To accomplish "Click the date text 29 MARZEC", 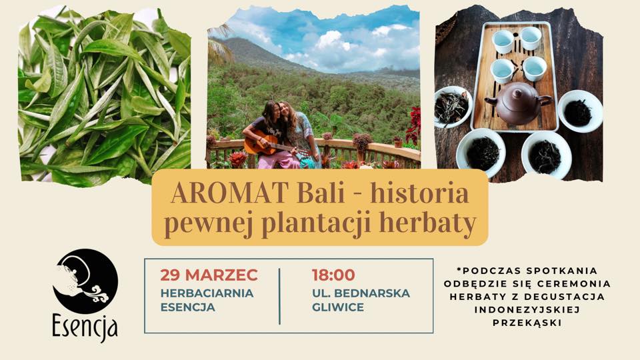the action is coord(209,275).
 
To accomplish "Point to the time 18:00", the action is coord(333,275).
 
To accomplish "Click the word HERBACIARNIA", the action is coord(207,293).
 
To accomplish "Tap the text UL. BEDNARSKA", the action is coord(361,293).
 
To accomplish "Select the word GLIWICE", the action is coord(338,307).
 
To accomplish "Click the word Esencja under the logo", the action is coord(85,326).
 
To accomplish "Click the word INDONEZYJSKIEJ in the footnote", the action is coord(527,310).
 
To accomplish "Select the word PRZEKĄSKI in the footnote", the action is coord(527,323).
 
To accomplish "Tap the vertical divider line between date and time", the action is coord(279,296).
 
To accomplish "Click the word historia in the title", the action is coord(419,193).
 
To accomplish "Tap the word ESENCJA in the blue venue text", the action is coord(188,307).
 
